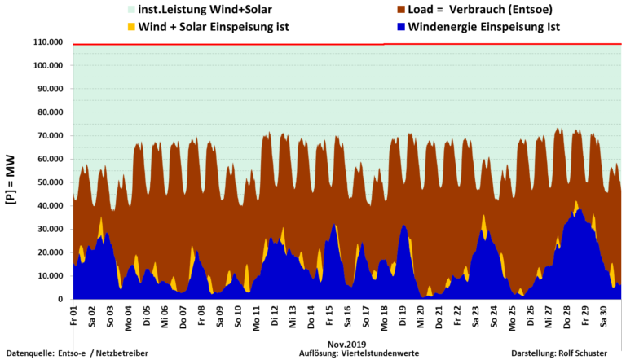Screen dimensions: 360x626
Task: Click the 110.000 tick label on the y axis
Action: pyautogui.click(x=47, y=42)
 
